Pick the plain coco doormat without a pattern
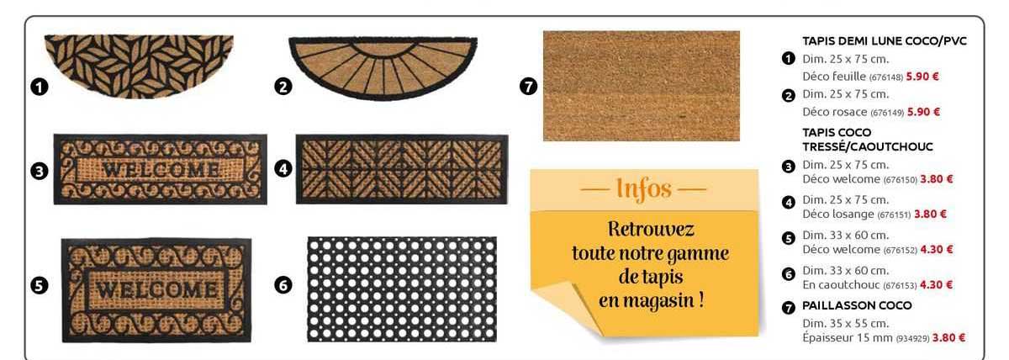[x=642, y=86]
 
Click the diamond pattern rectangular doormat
[x=402, y=168]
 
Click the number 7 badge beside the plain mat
[x=528, y=86]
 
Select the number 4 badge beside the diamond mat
[x=283, y=168]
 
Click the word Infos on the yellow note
[x=644, y=188]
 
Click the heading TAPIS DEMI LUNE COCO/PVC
[x=884, y=41]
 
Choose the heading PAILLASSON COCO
[x=857, y=305]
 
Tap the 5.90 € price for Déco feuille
[x=922, y=77]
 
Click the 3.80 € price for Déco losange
[x=930, y=214]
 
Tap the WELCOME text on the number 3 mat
[x=161, y=169]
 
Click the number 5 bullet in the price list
[x=789, y=238]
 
